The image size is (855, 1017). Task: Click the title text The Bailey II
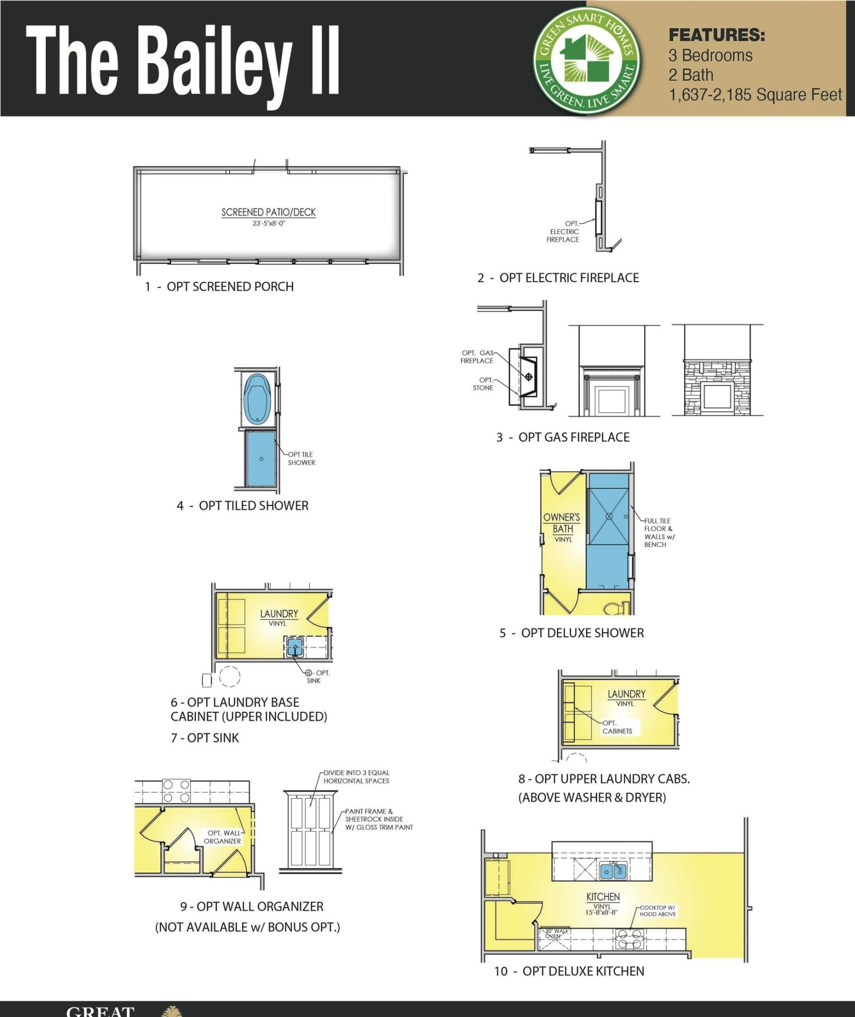183,61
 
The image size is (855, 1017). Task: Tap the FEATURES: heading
716,35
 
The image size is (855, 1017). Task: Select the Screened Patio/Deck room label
269,212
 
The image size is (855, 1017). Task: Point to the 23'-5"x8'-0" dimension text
269,224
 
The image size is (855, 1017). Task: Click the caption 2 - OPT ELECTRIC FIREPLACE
558,278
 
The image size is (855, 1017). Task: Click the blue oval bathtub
257,399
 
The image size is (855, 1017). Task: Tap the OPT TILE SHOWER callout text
301,458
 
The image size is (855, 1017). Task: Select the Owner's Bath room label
562,523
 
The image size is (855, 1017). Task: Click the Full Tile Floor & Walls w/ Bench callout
658,532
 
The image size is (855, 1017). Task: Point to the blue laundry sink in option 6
295,647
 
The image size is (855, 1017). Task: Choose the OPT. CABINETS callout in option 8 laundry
617,727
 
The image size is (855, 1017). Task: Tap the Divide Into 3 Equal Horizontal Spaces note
356,777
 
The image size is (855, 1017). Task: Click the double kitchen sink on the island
613,870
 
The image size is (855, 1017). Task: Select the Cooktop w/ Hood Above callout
657,911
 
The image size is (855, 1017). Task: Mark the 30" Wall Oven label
555,933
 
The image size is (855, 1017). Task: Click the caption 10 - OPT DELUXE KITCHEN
569,971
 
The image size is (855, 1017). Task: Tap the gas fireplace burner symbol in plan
528,377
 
